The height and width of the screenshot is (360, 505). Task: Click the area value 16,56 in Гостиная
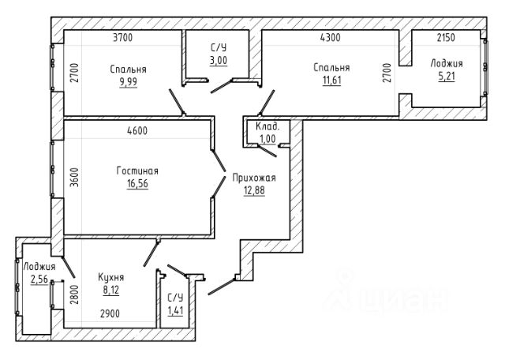pyautogui.click(x=137, y=183)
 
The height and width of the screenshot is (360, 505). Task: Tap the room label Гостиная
pyautogui.click(x=137, y=171)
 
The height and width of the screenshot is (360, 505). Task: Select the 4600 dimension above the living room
pyautogui.click(x=137, y=130)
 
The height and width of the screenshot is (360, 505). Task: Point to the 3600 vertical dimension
pyautogui.click(x=74, y=178)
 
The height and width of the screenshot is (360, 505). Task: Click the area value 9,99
pyautogui.click(x=128, y=82)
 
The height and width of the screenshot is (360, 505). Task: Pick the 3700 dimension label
pyautogui.click(x=123, y=38)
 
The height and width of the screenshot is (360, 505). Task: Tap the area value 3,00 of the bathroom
pyautogui.click(x=219, y=60)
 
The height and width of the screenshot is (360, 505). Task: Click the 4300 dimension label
pyautogui.click(x=330, y=38)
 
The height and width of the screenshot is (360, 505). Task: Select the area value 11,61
pyautogui.click(x=331, y=81)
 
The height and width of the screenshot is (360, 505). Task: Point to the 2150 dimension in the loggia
pyautogui.click(x=446, y=38)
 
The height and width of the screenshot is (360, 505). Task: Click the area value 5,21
pyautogui.click(x=447, y=77)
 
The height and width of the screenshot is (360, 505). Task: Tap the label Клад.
pyautogui.click(x=267, y=126)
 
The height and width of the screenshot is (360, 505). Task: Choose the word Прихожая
pyautogui.click(x=254, y=178)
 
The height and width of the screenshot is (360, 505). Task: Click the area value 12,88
pyautogui.click(x=254, y=190)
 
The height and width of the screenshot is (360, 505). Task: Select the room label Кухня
pyautogui.click(x=110, y=277)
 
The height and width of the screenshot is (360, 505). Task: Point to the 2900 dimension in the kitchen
pyautogui.click(x=110, y=313)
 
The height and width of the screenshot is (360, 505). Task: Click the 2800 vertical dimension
pyautogui.click(x=74, y=294)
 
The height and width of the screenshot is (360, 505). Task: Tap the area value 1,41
pyautogui.click(x=175, y=311)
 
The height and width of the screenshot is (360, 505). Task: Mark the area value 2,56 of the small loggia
pyautogui.click(x=39, y=279)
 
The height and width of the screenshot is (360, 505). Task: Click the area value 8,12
pyautogui.click(x=111, y=290)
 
